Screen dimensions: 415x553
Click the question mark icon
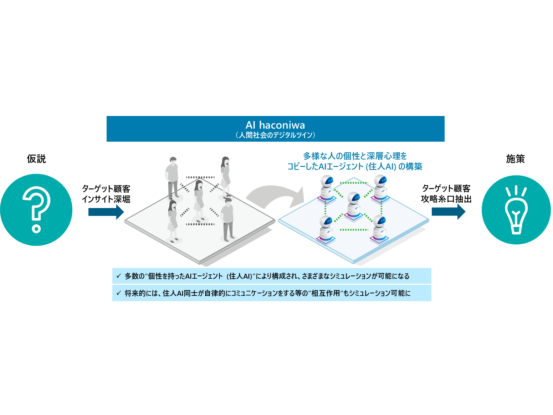36,209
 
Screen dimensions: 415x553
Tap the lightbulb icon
516,210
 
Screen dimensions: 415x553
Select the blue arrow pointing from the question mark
106,212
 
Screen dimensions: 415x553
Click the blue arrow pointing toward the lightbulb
448,212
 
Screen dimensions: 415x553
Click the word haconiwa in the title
282,125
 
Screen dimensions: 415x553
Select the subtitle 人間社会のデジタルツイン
275,135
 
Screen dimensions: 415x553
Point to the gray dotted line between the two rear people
200,177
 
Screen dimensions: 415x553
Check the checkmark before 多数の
119,276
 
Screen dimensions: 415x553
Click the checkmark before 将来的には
119,293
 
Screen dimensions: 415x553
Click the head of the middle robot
354,197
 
